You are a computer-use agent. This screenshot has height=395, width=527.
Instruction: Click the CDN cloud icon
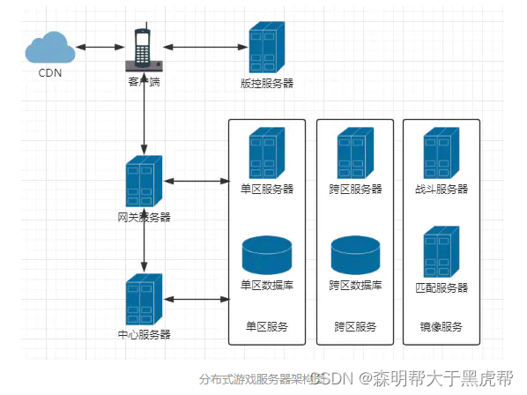tap(50, 47)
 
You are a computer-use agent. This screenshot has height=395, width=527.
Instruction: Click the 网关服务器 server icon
tap(144, 183)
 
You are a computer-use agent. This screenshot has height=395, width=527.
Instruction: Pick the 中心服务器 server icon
tap(144, 300)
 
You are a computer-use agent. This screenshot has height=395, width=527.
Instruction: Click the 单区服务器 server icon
tap(266, 154)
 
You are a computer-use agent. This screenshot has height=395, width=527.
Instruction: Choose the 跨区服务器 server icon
tap(355, 154)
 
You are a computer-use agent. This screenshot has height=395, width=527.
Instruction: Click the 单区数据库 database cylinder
tap(266, 255)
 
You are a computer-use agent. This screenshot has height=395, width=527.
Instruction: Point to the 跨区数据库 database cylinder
tap(355, 255)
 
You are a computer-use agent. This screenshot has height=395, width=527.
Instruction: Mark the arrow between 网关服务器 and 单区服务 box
tap(196, 182)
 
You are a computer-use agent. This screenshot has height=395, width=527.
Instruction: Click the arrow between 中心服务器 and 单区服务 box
tap(196, 300)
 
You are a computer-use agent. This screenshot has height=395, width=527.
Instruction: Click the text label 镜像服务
tap(441, 326)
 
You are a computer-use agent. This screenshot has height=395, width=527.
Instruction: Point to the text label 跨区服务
tap(355, 326)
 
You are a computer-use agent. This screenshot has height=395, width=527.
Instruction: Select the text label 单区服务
tap(266, 326)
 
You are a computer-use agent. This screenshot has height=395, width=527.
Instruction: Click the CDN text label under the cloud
tap(50, 73)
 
